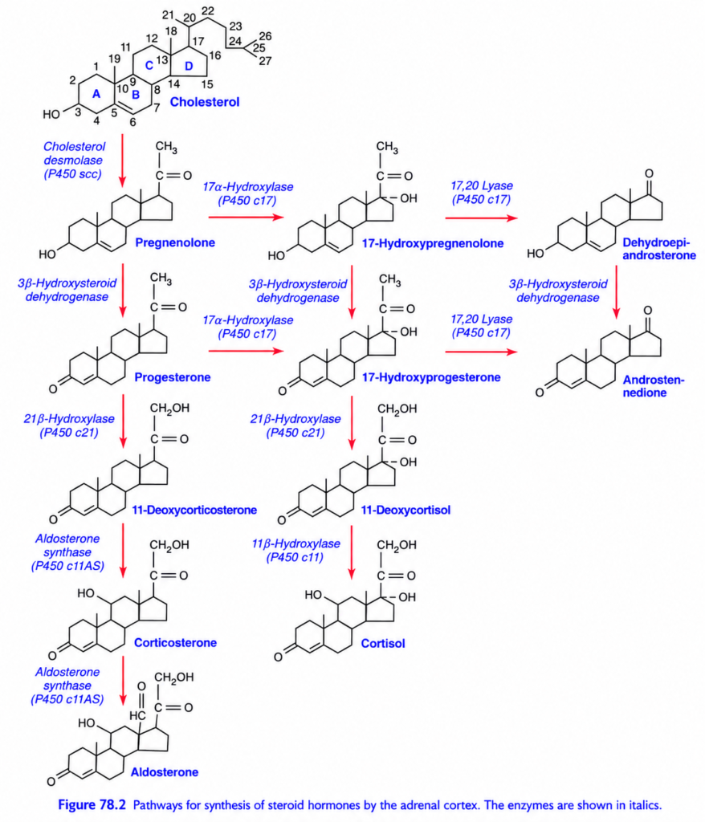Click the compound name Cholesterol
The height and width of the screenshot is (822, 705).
(x=205, y=102)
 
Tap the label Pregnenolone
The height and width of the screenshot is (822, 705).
(x=175, y=242)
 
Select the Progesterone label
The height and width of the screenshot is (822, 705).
(x=173, y=377)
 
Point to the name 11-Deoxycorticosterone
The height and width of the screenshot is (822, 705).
(x=194, y=510)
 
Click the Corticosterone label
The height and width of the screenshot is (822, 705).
(x=175, y=643)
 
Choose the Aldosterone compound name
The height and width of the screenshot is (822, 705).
(x=165, y=772)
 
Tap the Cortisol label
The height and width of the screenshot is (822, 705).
(x=383, y=643)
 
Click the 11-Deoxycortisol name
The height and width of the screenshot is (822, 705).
(x=405, y=510)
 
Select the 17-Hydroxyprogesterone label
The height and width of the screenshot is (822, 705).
(x=431, y=377)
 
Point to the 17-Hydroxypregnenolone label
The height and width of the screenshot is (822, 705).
(x=433, y=243)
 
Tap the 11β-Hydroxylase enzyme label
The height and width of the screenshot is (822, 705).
(x=295, y=543)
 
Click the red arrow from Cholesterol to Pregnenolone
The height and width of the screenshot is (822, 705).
(x=123, y=161)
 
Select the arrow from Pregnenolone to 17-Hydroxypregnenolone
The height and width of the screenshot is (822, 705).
(x=246, y=218)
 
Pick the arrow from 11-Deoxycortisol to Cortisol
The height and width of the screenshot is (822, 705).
(x=352, y=552)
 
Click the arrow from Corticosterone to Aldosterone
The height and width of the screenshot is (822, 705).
(x=123, y=681)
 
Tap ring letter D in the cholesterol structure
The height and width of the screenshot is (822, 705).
(x=189, y=66)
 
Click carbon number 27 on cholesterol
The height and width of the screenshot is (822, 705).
(x=266, y=61)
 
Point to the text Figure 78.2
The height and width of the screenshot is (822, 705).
(x=92, y=804)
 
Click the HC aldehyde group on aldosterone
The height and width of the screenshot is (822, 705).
(x=137, y=715)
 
